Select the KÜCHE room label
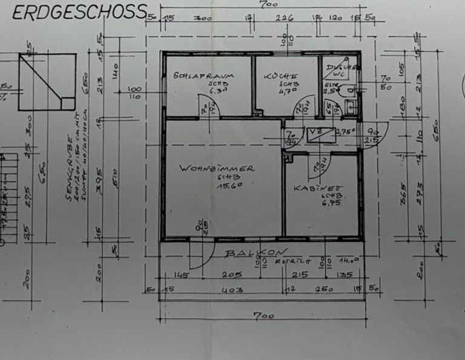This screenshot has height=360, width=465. click(x=280, y=77)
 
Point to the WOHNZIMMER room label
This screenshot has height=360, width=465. click(x=217, y=169)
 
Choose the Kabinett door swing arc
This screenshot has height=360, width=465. click(x=317, y=166)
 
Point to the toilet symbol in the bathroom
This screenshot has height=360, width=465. click(x=347, y=91)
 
